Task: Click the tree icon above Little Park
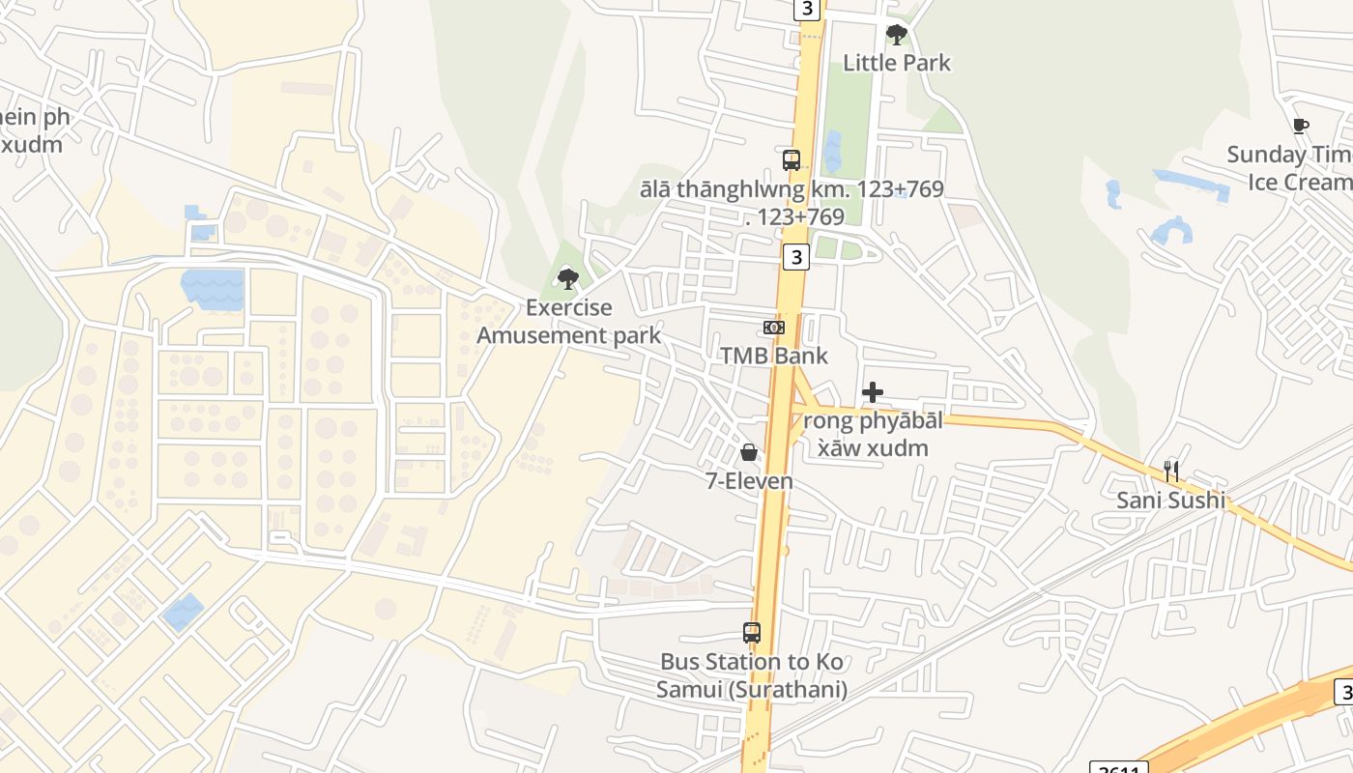(897, 35)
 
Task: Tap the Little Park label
(897, 63)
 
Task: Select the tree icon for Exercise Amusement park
(568, 279)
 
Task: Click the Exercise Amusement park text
(569, 322)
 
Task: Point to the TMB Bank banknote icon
(774, 328)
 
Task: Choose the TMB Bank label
(774, 356)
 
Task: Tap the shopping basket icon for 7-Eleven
(749, 452)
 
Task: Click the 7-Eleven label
(750, 480)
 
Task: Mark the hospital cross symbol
(873, 391)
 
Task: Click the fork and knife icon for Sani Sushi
(1171, 472)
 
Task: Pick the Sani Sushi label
(1171, 500)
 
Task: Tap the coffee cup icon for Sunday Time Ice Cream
(1301, 126)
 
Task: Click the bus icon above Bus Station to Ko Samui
(752, 633)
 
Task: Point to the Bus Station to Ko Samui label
(752, 675)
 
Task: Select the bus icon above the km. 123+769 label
(792, 160)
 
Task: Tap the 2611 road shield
(1118, 768)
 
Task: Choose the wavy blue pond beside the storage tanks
(212, 289)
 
